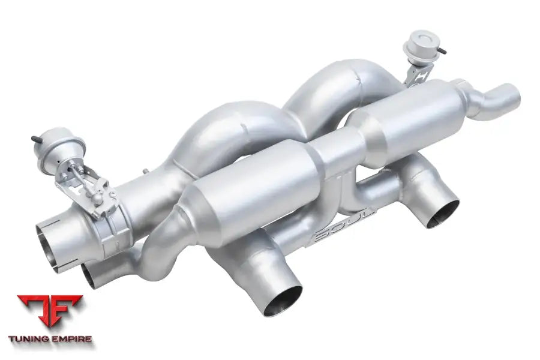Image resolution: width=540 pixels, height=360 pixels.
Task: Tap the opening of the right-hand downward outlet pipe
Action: tap(443, 214)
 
